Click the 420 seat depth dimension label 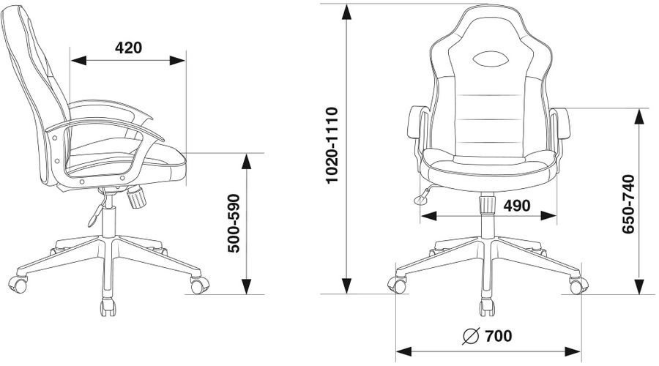(x=128, y=48)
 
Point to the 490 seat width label (x=516, y=206)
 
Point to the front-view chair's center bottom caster (x=487, y=307)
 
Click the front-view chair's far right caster (x=578, y=284)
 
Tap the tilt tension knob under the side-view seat (x=136, y=198)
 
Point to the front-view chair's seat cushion (x=487, y=165)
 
